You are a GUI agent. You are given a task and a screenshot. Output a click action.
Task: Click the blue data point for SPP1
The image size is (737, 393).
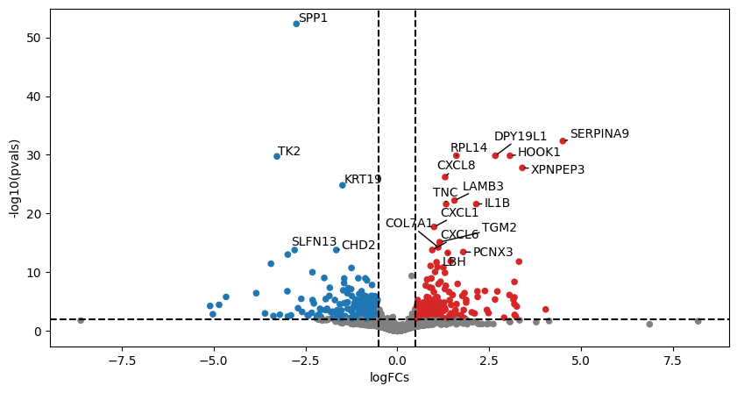tap(296, 24)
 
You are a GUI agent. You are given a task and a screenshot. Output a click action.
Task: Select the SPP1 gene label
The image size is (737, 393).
tap(313, 18)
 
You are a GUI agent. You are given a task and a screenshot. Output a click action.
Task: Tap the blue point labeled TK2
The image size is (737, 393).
tap(277, 156)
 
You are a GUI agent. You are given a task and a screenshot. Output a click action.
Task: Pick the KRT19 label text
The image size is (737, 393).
tap(363, 179)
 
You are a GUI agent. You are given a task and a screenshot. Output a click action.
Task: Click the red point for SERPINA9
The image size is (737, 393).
tap(563, 140)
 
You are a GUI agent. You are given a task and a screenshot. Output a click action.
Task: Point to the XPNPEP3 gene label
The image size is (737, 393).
tap(557, 169)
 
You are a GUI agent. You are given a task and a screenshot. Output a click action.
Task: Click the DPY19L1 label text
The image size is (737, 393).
tap(521, 136)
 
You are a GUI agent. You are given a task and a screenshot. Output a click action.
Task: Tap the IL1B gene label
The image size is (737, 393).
tap(497, 204)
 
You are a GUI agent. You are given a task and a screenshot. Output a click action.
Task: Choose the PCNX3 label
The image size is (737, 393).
tap(493, 253)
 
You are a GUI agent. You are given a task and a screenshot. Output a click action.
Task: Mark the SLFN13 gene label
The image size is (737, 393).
tap(314, 241)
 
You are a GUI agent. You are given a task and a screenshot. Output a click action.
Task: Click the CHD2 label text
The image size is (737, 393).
tap(358, 246)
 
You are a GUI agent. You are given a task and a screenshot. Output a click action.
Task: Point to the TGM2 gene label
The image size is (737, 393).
tap(500, 228)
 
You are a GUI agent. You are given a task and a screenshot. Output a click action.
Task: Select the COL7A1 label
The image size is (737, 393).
tap(409, 224)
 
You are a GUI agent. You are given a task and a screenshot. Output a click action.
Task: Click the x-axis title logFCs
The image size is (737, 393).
tap(397, 378)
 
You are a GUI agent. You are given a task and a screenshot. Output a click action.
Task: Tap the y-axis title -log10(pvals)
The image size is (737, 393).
tap(14, 170)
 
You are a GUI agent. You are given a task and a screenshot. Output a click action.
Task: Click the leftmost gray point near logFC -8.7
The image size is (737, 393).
tap(81, 320)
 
